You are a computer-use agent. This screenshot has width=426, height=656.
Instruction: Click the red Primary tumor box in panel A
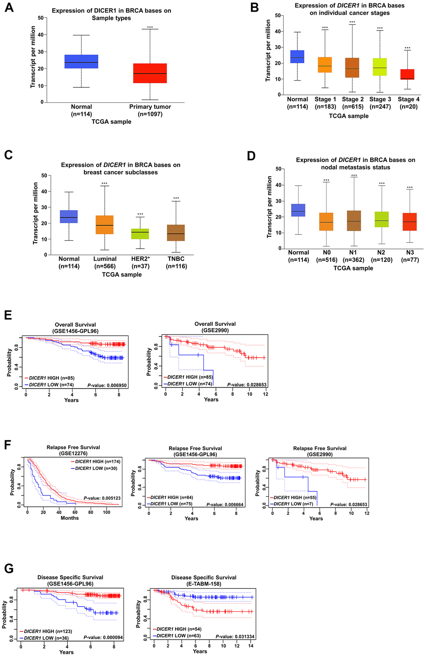pyautogui.click(x=150, y=73)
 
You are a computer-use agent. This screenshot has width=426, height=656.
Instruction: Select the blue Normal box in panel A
pyautogui.click(x=81, y=61)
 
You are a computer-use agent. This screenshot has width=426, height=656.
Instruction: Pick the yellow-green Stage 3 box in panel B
pyautogui.click(x=380, y=67)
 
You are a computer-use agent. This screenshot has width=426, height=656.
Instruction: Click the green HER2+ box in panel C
pyautogui.click(x=140, y=234)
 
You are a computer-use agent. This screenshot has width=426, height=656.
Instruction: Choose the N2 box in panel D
pyautogui.click(x=381, y=219)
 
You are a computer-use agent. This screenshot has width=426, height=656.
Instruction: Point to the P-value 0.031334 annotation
pyautogui.click(x=235, y=636)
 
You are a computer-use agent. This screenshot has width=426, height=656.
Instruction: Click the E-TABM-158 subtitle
pyautogui.click(x=204, y=584)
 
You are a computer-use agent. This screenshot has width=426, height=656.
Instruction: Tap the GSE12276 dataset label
pyautogui.click(x=73, y=453)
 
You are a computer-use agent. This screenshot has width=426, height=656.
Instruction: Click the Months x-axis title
pyautogui.click(x=69, y=518)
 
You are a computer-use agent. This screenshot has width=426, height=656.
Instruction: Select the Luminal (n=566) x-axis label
pyautogui.click(x=105, y=262)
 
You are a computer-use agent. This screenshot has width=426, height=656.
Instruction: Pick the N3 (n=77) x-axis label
pyautogui.click(x=409, y=256)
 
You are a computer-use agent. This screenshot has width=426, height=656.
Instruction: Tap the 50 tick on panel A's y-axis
pyautogui.click(x=40, y=18)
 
